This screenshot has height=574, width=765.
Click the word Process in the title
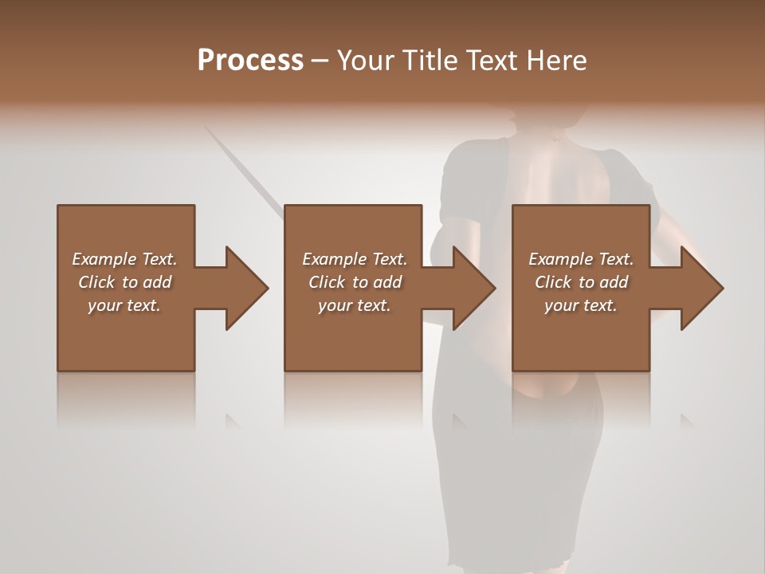[250, 61]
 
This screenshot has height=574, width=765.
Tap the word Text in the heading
[491, 61]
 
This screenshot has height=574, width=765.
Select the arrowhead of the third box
[701, 288]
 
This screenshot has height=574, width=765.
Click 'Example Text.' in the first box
[124, 259]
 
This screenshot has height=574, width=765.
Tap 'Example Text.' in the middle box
[355, 259]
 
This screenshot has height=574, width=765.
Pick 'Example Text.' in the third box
[581, 259]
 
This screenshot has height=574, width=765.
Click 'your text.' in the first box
[124, 305]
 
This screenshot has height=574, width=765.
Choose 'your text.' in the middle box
[355, 305]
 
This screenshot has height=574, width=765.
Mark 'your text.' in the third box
[581, 305]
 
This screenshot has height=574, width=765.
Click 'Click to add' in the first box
[124, 282]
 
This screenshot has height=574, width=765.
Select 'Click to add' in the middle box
[355, 282]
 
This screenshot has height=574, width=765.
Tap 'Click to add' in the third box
[581, 282]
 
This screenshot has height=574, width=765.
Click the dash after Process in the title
[320, 61]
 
